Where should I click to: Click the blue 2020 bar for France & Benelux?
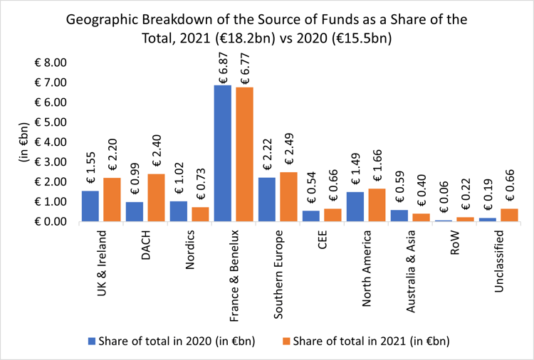tap(223, 153)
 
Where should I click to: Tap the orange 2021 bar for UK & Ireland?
tap(112, 199)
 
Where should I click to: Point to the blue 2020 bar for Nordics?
tap(179, 211)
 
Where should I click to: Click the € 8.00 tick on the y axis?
tap(50, 63)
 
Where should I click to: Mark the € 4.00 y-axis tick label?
tap(50, 142)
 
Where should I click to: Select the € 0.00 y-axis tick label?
tap(50, 222)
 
